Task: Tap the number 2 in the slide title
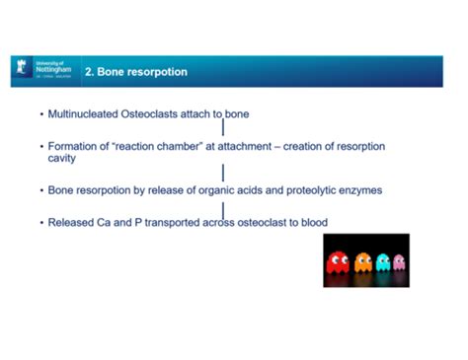point(89,72)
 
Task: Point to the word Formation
point(74,147)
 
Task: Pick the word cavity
point(63,159)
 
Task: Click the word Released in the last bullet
point(71,222)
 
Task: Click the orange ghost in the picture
point(363,261)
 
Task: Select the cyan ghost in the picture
point(383,262)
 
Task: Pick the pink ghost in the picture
point(399,262)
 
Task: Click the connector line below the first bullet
point(223,128)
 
